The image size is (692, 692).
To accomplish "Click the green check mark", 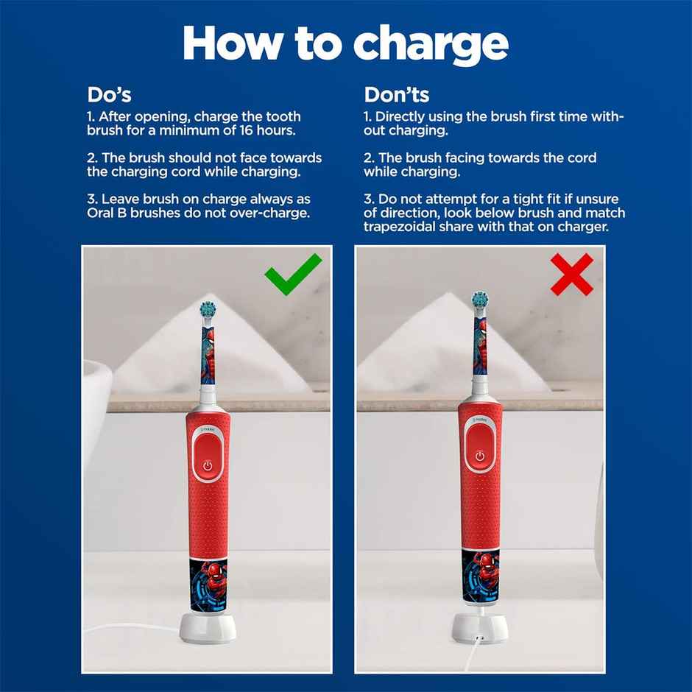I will [293, 275].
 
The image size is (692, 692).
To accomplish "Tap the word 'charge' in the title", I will [430, 44].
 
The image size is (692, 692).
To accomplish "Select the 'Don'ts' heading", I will [397, 94].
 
